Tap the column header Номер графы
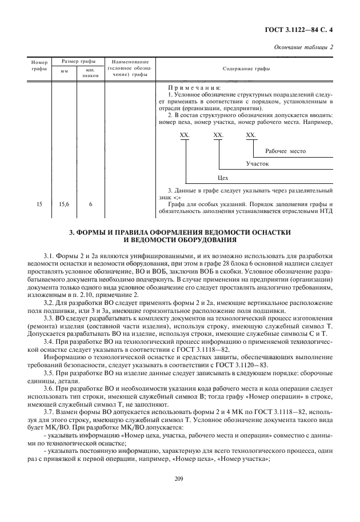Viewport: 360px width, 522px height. click(39, 65)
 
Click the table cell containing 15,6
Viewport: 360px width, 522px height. click(65, 203)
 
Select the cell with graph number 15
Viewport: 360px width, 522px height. click(39, 203)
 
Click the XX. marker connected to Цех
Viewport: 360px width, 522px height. click(185, 135)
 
